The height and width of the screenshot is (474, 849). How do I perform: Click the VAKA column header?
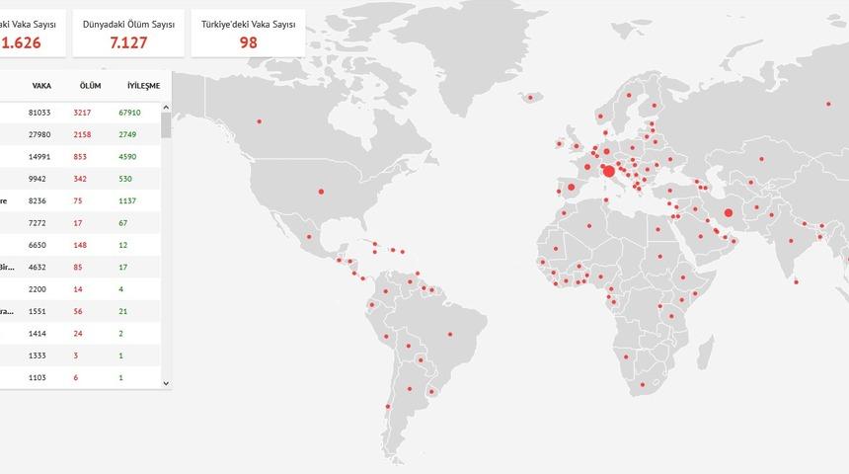tap(41, 86)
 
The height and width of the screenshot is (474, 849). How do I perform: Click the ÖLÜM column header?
tap(90, 86)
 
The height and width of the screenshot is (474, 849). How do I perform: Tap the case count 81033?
tap(39, 113)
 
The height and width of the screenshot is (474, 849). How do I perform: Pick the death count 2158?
tap(82, 134)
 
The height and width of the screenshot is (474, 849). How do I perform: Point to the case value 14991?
tap(39, 156)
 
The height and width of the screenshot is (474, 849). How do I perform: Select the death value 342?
tap(80, 179)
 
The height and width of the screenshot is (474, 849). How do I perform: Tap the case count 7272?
tap(38, 223)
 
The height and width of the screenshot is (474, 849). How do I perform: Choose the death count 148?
tap(80, 245)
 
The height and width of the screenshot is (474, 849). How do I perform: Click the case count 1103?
tap(38, 378)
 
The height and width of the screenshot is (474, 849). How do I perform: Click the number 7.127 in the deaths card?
tap(128, 41)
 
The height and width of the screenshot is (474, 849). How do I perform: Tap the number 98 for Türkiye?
tap(248, 41)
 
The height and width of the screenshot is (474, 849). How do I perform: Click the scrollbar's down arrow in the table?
tap(166, 382)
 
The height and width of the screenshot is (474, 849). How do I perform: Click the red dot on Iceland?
tap(535, 96)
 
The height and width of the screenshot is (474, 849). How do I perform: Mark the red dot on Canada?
tap(260, 121)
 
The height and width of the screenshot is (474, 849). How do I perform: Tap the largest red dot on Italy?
tap(609, 171)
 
